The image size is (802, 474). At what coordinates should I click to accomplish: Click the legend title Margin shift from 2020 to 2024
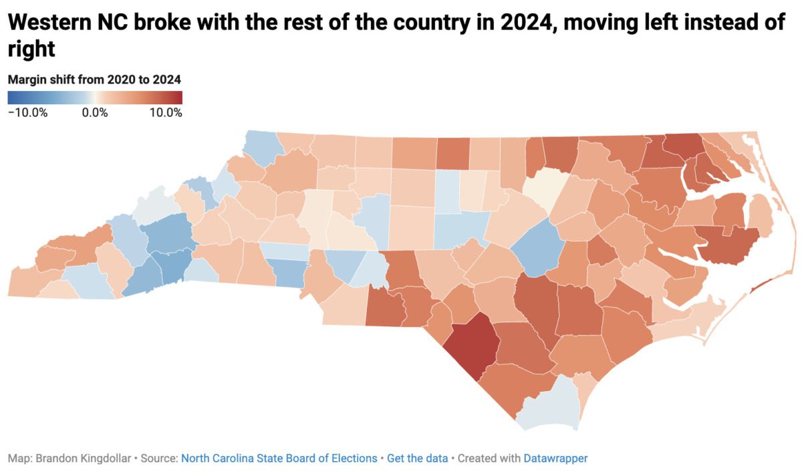point(94,80)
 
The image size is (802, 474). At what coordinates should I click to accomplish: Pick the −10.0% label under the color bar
point(27,112)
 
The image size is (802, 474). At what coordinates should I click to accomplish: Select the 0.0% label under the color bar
point(95,112)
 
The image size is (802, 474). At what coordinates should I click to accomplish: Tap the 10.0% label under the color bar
point(165,112)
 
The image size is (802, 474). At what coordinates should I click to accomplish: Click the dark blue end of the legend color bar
point(12,98)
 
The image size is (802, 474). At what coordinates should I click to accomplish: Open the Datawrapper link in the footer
point(555,459)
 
